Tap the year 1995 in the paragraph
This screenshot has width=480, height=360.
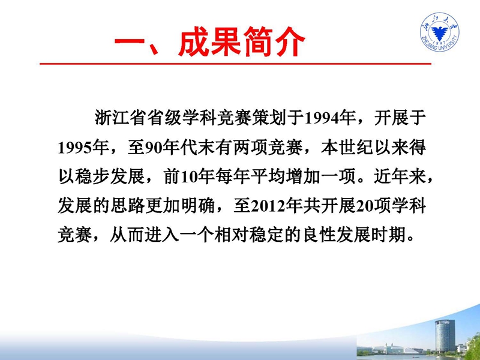coord(76,148)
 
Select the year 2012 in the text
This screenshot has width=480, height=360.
coord(268,207)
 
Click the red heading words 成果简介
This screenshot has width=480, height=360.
coord(241,41)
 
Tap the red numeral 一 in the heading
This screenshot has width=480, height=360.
coord(130,42)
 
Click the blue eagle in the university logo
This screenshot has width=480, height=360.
coord(440,32)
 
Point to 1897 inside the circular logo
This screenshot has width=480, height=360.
coord(440,41)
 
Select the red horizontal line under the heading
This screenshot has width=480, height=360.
coord(235,64)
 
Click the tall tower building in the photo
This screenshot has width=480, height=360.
coord(445,336)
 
